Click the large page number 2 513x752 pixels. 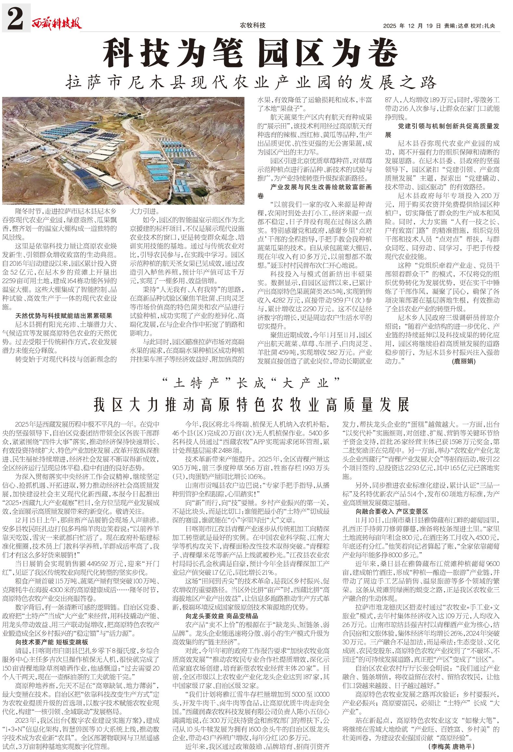(16, 18)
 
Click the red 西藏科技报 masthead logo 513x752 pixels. (57, 24)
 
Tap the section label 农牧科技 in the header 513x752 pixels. (252, 25)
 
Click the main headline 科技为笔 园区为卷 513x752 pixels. (250, 53)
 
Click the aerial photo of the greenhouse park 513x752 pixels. (123, 150)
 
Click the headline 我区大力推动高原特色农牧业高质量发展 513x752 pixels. (251, 405)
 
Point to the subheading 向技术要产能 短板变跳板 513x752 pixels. (52, 642)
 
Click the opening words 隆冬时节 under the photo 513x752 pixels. (27, 211)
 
